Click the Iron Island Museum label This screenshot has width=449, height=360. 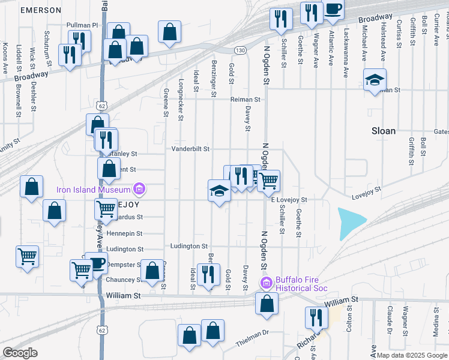[94, 190]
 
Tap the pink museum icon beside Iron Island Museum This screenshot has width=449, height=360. [139, 190]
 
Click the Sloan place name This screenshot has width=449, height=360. [384, 130]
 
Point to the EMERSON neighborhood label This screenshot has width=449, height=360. [40, 10]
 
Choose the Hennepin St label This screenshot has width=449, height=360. [124, 233]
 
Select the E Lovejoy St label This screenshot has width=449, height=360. [289, 200]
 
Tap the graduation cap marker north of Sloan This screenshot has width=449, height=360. [375, 80]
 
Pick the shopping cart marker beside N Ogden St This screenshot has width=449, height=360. [269, 179]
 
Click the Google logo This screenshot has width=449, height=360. [20, 353]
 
